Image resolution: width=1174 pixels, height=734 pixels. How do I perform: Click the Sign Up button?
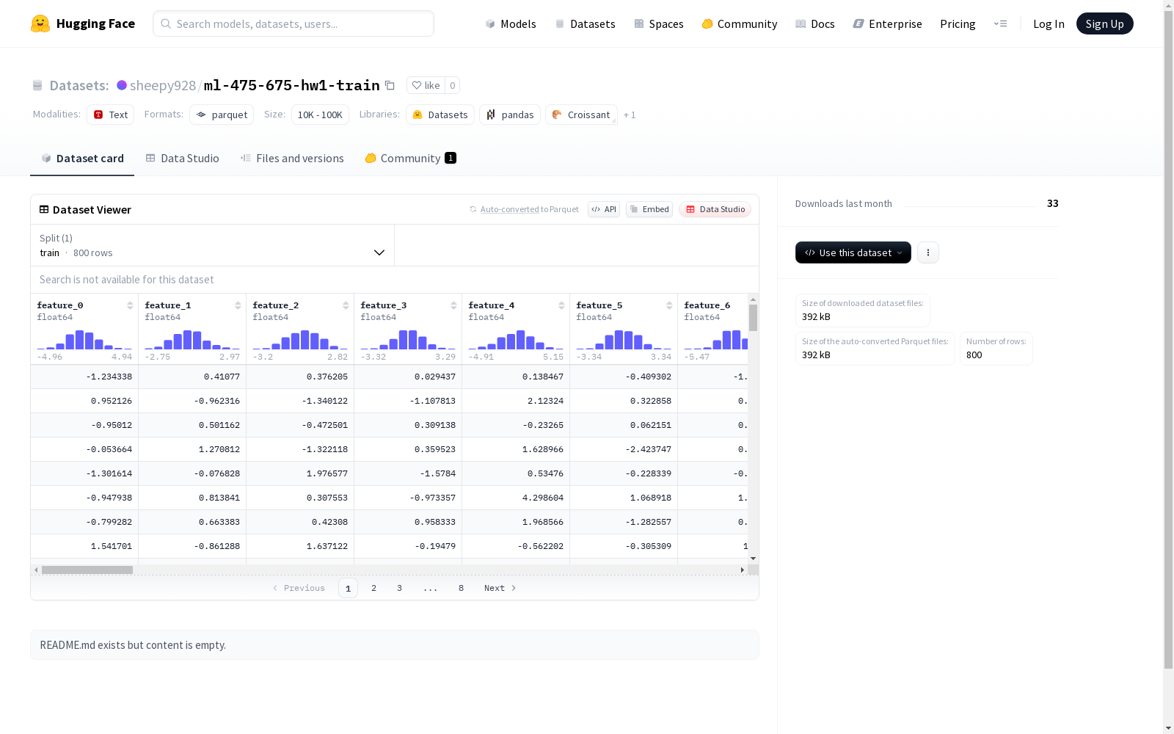[x=1104, y=23]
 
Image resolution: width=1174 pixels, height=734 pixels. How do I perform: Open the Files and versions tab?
[x=292, y=159]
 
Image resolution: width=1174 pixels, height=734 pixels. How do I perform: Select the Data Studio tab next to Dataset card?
[x=183, y=159]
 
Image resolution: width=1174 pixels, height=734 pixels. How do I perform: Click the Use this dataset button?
[x=853, y=252]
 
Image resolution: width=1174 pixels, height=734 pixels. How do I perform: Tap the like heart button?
[x=426, y=85]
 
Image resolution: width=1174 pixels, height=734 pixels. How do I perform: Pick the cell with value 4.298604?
[x=516, y=498]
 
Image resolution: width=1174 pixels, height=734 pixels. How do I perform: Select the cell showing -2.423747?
[x=624, y=449]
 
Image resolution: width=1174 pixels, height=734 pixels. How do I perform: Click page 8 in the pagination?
[x=461, y=588]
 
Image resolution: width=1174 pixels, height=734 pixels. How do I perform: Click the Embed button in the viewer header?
[x=649, y=209]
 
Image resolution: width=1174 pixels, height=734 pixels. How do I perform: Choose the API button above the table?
[x=604, y=209]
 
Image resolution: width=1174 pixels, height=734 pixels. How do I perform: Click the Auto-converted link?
[x=509, y=209]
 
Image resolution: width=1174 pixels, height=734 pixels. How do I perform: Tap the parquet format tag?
[x=222, y=115]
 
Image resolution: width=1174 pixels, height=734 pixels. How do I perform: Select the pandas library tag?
[x=509, y=115]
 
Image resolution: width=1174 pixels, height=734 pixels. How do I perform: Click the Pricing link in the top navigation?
[x=958, y=24]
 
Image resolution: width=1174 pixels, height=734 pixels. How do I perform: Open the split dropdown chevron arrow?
[x=379, y=252]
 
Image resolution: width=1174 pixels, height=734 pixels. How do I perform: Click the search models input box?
[x=293, y=23]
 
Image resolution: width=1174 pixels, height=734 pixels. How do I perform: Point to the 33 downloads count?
[x=1052, y=203]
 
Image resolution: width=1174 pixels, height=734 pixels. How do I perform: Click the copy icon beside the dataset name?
[x=390, y=85]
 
